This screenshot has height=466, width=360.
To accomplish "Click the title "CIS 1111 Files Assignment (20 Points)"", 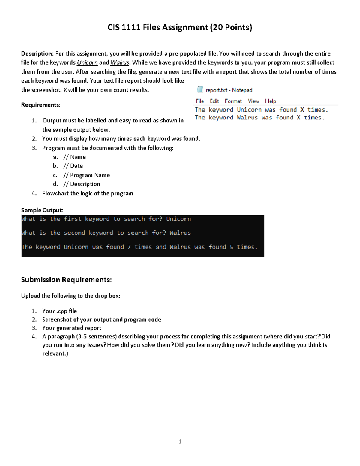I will (x=180, y=28).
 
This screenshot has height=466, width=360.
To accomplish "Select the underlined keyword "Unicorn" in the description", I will (x=87, y=63).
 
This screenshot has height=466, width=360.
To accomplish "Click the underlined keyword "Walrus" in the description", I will (x=120, y=63).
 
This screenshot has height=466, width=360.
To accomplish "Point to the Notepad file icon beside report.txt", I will (x=200, y=90).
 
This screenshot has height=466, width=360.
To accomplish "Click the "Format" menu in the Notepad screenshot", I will (x=233, y=101).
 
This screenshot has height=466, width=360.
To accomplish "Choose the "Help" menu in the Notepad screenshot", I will (x=270, y=101).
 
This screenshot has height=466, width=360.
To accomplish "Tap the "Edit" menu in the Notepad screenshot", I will (x=214, y=101).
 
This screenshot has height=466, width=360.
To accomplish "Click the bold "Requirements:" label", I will (x=40, y=105).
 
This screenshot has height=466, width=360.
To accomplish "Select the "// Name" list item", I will (x=74, y=157).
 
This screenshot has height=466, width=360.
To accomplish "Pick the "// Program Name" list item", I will (x=86, y=175).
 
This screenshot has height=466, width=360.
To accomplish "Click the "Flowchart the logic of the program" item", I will (x=88, y=194).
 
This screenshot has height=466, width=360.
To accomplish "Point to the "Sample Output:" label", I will (x=42, y=210).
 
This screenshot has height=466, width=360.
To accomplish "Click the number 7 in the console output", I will (x=129, y=247).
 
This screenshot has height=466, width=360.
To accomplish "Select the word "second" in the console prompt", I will (x=74, y=233).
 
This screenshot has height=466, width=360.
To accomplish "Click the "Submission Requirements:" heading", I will (x=66, y=280).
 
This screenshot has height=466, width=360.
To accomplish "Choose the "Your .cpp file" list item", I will (x=59, y=311).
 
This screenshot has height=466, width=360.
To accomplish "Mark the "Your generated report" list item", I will (x=72, y=328).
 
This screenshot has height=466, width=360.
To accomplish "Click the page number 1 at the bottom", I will (x=180, y=441).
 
